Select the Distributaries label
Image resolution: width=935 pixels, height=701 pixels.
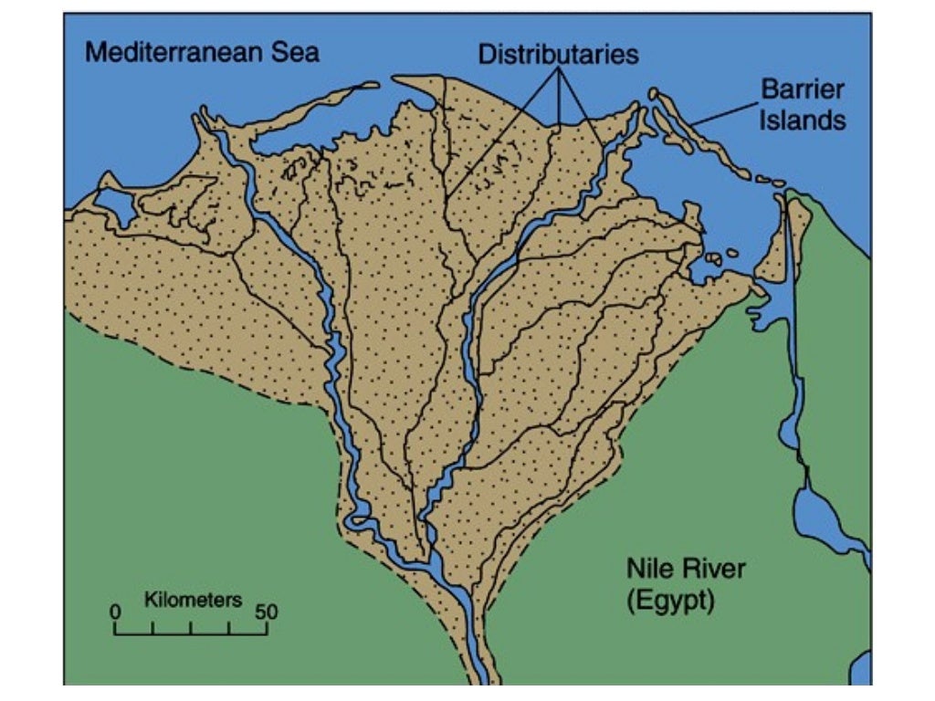coord(558,54)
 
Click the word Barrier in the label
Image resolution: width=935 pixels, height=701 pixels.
coord(803,90)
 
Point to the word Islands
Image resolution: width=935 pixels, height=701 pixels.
coord(803,119)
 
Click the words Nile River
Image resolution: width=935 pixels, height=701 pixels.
coord(685,570)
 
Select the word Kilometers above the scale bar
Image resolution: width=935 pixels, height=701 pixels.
coord(193,600)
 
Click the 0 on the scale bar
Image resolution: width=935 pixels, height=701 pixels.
coord(115,612)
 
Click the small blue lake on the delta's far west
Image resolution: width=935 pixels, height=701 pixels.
coord(114,204)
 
